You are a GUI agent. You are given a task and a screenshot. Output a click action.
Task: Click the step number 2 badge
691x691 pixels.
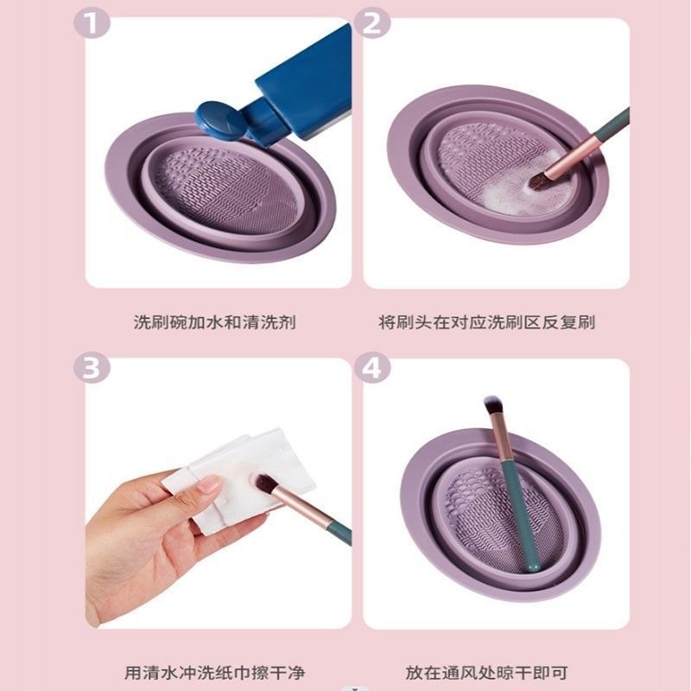tap(372, 22)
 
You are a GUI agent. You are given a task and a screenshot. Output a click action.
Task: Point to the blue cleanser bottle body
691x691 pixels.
tap(307, 82)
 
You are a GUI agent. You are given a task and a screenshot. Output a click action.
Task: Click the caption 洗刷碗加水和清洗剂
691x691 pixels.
tap(215, 323)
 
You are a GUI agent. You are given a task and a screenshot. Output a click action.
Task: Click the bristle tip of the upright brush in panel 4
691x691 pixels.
tap(493, 404)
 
